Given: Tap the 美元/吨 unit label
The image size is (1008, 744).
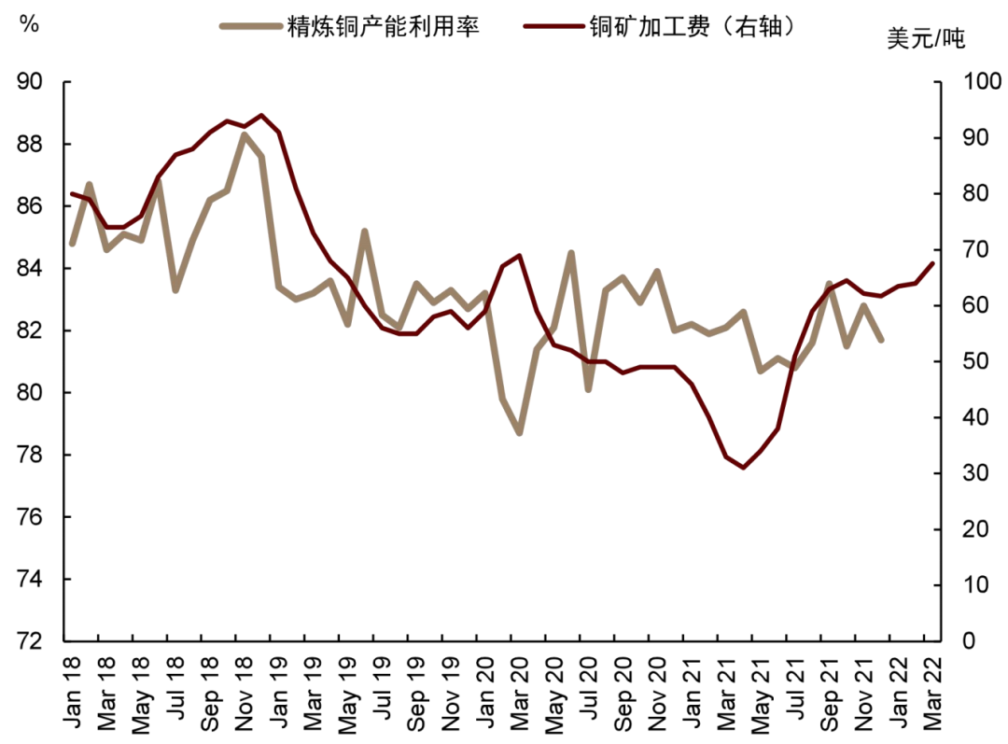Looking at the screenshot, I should coord(925,39).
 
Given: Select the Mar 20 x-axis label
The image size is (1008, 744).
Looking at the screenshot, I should coord(519,691).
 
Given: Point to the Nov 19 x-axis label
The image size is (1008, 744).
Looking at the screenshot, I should coord(451,691).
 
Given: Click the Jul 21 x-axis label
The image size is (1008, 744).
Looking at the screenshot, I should coord(794,691).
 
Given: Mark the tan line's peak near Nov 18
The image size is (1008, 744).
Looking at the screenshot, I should coord(244,134).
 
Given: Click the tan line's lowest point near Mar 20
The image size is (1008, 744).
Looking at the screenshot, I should coord(519,433).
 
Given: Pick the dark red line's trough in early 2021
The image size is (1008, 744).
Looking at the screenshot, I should coord(743,467).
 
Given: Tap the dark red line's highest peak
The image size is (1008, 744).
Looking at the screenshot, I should coord(260,116).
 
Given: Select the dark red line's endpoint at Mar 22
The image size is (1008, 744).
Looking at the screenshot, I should coord(931,264).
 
